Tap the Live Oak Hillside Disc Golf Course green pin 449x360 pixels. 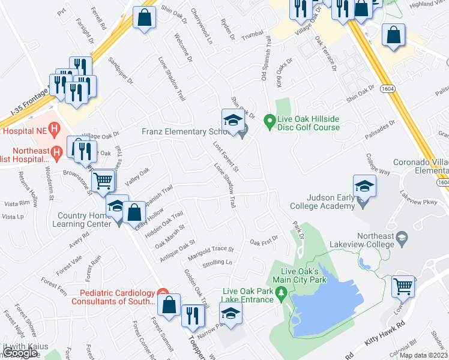[270, 119]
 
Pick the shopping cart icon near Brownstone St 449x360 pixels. [103, 179]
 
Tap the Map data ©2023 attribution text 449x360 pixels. [423, 355]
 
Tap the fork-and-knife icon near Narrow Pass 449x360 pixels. [192, 315]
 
